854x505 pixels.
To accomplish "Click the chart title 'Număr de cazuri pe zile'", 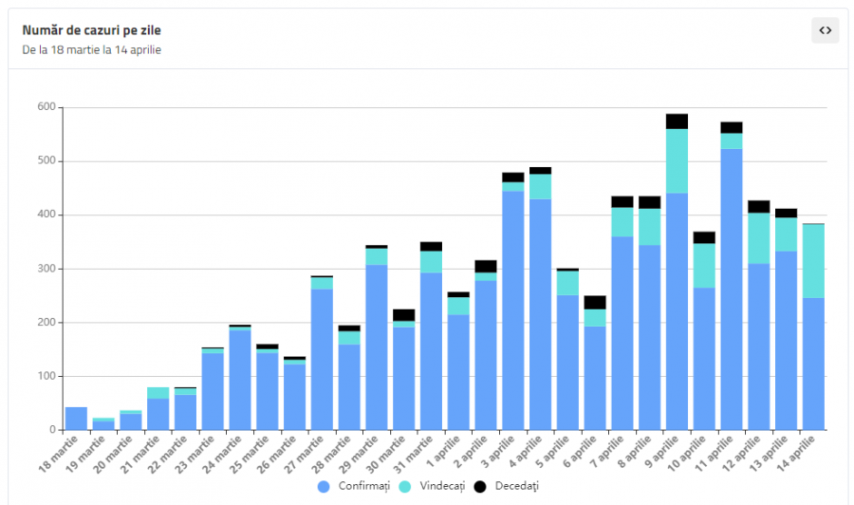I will coord(91,30).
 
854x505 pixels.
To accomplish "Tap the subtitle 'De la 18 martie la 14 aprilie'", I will coord(91,49).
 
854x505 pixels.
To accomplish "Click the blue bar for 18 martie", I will coord(76,419).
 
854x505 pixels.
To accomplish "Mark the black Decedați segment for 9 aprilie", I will coord(677,122).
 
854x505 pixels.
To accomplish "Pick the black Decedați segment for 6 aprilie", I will coord(595,303).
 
